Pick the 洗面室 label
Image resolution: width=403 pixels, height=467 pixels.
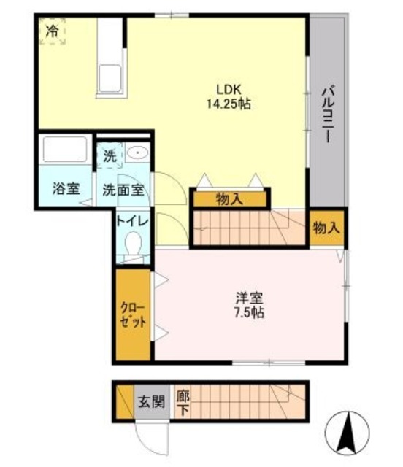pyautogui.click(x=122, y=189)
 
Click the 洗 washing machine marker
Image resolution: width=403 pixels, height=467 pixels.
pyautogui.click(x=110, y=155)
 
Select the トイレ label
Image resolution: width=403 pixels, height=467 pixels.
pyautogui.click(x=132, y=220)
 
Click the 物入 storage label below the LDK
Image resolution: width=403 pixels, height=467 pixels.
pyautogui.click(x=229, y=198)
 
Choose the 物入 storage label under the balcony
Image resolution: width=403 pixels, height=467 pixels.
pyautogui.click(x=326, y=228)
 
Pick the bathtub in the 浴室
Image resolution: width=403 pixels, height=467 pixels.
pyautogui.click(x=65, y=150)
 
